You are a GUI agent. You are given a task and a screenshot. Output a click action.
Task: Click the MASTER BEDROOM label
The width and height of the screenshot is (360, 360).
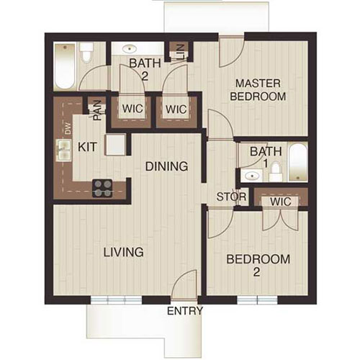pyautogui.click(x=258, y=89)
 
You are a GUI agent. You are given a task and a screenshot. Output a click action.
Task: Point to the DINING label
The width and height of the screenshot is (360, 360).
pyautogui.click(x=166, y=166)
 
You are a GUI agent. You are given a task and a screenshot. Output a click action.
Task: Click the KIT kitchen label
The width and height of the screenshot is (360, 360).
pyautogui.click(x=88, y=146)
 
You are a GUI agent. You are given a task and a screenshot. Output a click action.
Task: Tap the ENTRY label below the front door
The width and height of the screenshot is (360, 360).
pyautogui.click(x=184, y=311)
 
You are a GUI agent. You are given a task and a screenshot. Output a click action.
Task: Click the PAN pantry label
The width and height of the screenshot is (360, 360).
pyautogui.click(x=96, y=109)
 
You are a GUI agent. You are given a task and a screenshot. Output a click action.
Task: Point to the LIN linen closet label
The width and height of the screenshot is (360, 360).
pyautogui.click(x=178, y=53)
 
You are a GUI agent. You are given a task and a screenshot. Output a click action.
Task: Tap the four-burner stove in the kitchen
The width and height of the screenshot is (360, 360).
pyautogui.click(x=103, y=186)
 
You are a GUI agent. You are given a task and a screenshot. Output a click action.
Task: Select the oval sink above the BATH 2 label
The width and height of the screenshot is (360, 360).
pyautogui.click(x=130, y=50)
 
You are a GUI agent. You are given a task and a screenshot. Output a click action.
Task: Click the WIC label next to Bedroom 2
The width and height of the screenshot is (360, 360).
pyautogui.click(x=280, y=202)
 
